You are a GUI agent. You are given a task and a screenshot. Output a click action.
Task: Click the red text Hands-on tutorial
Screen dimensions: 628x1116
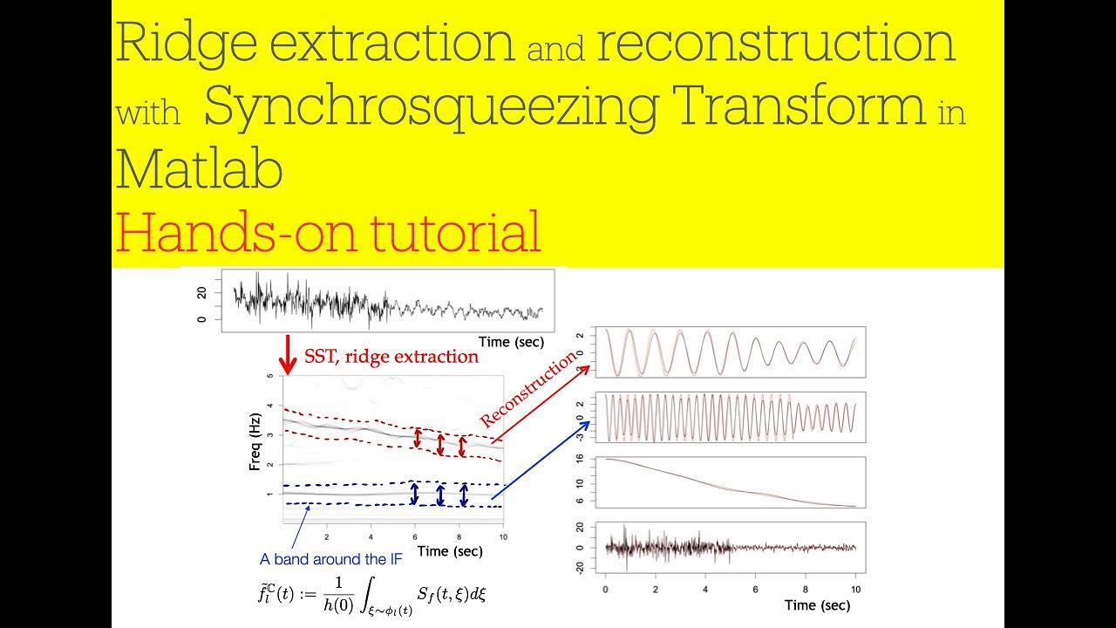328,232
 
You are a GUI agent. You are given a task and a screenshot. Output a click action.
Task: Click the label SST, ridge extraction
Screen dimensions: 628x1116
391,356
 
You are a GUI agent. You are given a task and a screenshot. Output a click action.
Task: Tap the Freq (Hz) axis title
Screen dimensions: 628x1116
255,447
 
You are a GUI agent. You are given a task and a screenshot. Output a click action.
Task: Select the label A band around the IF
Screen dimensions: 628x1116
331,559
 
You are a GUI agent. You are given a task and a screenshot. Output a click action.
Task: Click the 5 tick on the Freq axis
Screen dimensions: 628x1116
270,376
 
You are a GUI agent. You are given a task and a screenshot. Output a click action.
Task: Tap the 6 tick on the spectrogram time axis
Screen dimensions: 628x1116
416,537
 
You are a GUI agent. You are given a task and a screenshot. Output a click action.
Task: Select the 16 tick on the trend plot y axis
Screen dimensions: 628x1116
580,459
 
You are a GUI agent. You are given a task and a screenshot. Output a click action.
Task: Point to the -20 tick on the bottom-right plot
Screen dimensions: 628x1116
580,568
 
